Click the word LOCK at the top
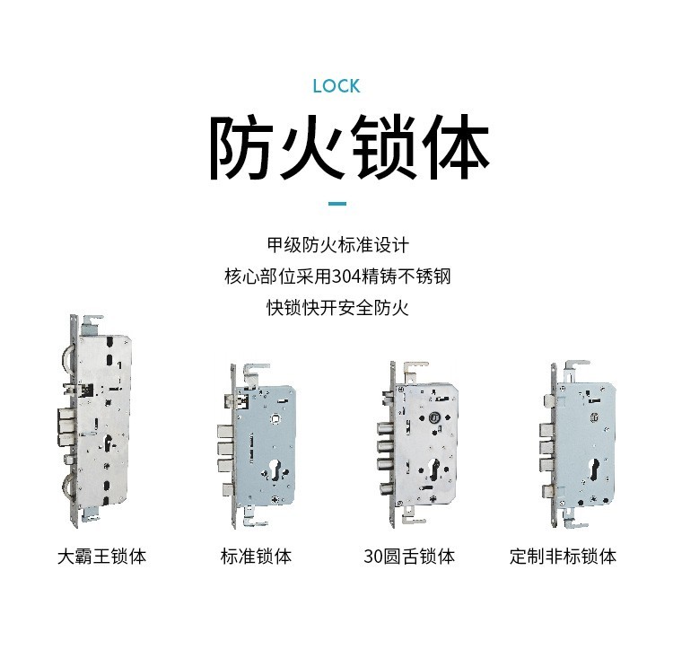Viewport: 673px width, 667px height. point(336,86)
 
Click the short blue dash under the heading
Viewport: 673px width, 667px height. point(336,204)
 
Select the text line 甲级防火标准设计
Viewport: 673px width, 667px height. point(337,245)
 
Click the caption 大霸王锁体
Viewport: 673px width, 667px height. point(101,557)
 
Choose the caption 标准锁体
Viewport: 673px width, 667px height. point(256,557)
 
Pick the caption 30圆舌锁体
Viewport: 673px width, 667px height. point(409,557)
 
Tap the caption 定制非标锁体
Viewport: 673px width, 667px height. point(563,557)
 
